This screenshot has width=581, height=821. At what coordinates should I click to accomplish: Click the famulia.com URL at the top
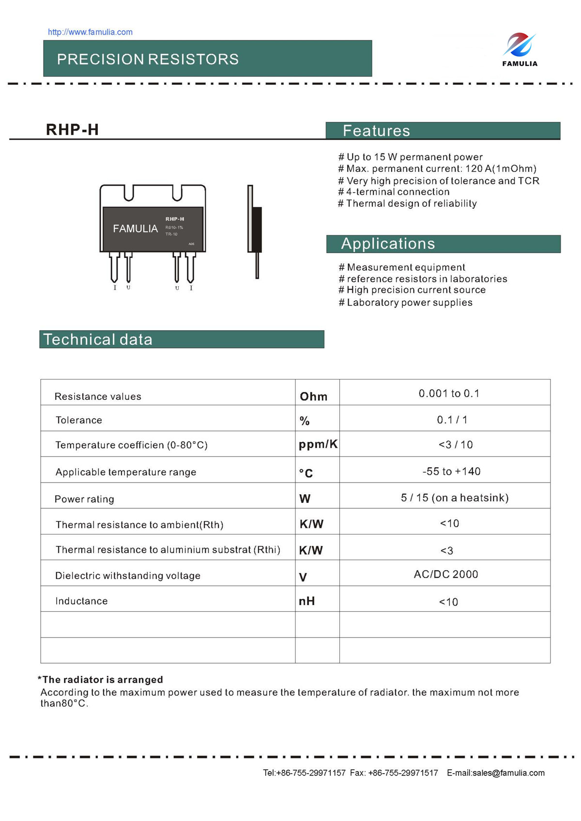click(90, 32)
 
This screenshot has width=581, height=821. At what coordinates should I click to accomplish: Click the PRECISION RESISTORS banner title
click(148, 59)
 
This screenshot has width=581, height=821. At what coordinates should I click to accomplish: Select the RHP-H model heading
click(72, 130)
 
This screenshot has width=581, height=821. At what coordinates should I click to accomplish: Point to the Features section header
click(376, 131)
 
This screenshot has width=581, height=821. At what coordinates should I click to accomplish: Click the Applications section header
click(388, 243)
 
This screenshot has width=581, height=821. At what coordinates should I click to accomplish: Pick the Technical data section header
click(98, 339)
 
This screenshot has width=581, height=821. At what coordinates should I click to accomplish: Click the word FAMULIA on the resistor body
click(135, 228)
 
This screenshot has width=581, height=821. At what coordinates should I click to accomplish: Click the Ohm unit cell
click(314, 396)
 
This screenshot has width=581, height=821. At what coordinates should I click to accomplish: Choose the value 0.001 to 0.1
click(449, 394)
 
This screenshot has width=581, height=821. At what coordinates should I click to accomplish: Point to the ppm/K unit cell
click(318, 444)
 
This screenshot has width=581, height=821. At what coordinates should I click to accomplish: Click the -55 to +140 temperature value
click(451, 471)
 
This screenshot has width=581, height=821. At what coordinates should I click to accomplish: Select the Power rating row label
click(84, 499)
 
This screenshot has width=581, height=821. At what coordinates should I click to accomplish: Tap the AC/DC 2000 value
click(446, 574)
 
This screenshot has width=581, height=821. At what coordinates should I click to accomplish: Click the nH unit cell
click(307, 601)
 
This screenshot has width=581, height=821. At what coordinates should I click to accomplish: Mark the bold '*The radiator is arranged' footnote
click(100, 680)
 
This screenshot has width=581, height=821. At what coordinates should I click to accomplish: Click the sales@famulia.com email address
click(508, 773)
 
